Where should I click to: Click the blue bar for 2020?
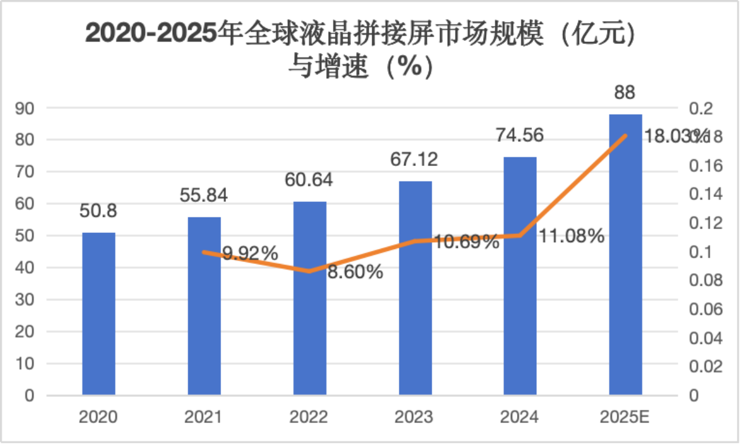point(98,313)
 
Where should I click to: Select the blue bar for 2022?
point(310,298)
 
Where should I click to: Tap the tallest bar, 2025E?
point(625,254)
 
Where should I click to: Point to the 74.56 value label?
point(520,135)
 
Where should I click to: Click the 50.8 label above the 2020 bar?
point(98,211)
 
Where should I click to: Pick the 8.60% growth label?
point(355,271)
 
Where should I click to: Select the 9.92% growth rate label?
point(250,253)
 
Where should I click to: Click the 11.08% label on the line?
point(571,235)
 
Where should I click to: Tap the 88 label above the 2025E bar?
point(625,93)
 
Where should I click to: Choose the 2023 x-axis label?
point(415,417)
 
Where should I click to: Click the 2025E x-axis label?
point(624,417)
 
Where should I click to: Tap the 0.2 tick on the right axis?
point(700,108)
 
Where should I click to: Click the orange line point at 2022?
point(310,271)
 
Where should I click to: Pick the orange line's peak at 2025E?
point(625,136)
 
